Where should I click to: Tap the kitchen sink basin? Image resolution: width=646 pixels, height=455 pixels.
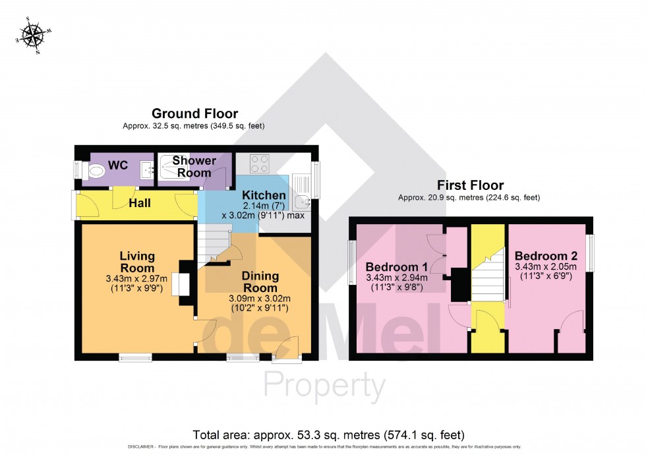coord(303,200)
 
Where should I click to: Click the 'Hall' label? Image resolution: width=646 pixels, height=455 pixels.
coord(139,203)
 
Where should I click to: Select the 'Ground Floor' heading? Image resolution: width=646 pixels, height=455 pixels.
coord(194,114)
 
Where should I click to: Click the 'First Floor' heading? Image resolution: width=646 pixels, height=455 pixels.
coord(469,185)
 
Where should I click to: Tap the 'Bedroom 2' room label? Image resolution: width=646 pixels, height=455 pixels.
coord(546,256)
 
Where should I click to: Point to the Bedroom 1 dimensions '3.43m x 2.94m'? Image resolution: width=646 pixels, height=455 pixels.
coord(396,278)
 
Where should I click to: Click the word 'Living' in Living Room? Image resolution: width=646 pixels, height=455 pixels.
coord(137,256)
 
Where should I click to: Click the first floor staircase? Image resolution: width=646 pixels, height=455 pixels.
coord(488,274)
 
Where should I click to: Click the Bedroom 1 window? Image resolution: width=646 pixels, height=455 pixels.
coord(351,262)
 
